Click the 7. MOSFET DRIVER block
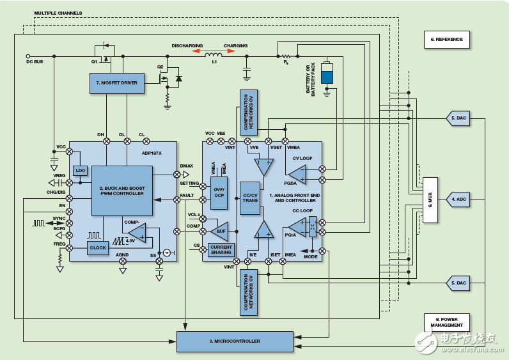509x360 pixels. pyautogui.click(x=117, y=84)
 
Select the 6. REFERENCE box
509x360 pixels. pyautogui.click(x=446, y=40)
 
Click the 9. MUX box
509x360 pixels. pyautogui.click(x=430, y=200)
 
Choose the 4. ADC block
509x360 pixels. pyautogui.click(x=459, y=200)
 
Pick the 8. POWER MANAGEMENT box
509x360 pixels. pyautogui.click(x=446, y=322)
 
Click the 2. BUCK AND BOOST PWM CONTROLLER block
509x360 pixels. pyautogui.click(x=121, y=190)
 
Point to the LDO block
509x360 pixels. pyautogui.click(x=80, y=171)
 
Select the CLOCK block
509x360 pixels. pyautogui.click(x=98, y=247)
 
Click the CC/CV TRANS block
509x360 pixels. pyautogui.click(x=250, y=197)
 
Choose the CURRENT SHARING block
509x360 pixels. pyautogui.click(x=221, y=251)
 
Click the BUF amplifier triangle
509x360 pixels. pyautogui.click(x=219, y=231)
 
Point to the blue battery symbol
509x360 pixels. pyautogui.click(x=327, y=74)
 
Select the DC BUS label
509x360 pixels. pyautogui.click(x=35, y=63)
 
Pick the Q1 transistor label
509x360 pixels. pyautogui.click(x=94, y=62)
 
